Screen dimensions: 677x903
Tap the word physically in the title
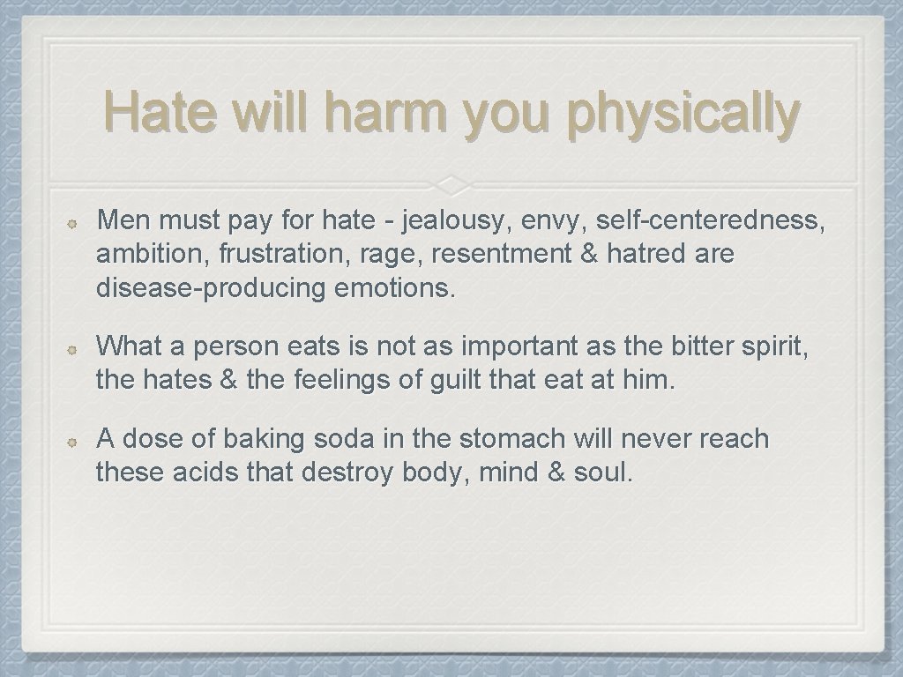tap(686, 115)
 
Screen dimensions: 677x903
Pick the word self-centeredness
tap(713, 221)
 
